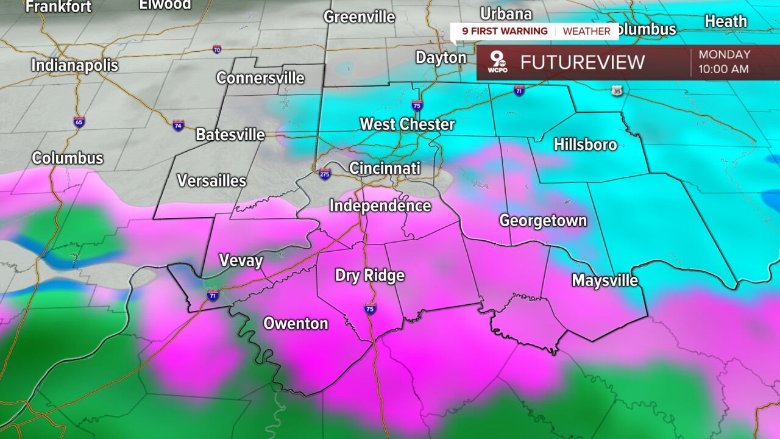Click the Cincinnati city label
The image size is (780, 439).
tap(385, 168)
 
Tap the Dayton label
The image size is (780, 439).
tap(441, 58)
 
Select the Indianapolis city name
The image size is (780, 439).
tap(74, 65)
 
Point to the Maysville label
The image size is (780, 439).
tap(604, 280)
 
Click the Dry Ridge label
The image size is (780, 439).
tap(369, 276)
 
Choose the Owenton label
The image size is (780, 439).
tap(296, 324)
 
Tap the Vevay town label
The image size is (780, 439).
tap(241, 261)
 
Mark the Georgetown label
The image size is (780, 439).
tap(543, 221)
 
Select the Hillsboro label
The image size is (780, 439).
tap(585, 145)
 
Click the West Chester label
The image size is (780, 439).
tap(407, 124)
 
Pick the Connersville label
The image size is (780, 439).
tap(260, 78)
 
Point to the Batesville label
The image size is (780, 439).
tap(230, 135)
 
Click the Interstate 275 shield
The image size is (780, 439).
tap(325, 174)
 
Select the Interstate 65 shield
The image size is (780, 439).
tap(79, 121)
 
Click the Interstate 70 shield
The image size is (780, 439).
tap(217, 49)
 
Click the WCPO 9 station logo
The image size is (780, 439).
tap(497, 63)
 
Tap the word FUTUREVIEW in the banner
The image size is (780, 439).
tap(582, 62)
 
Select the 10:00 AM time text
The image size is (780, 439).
tap(723, 69)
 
